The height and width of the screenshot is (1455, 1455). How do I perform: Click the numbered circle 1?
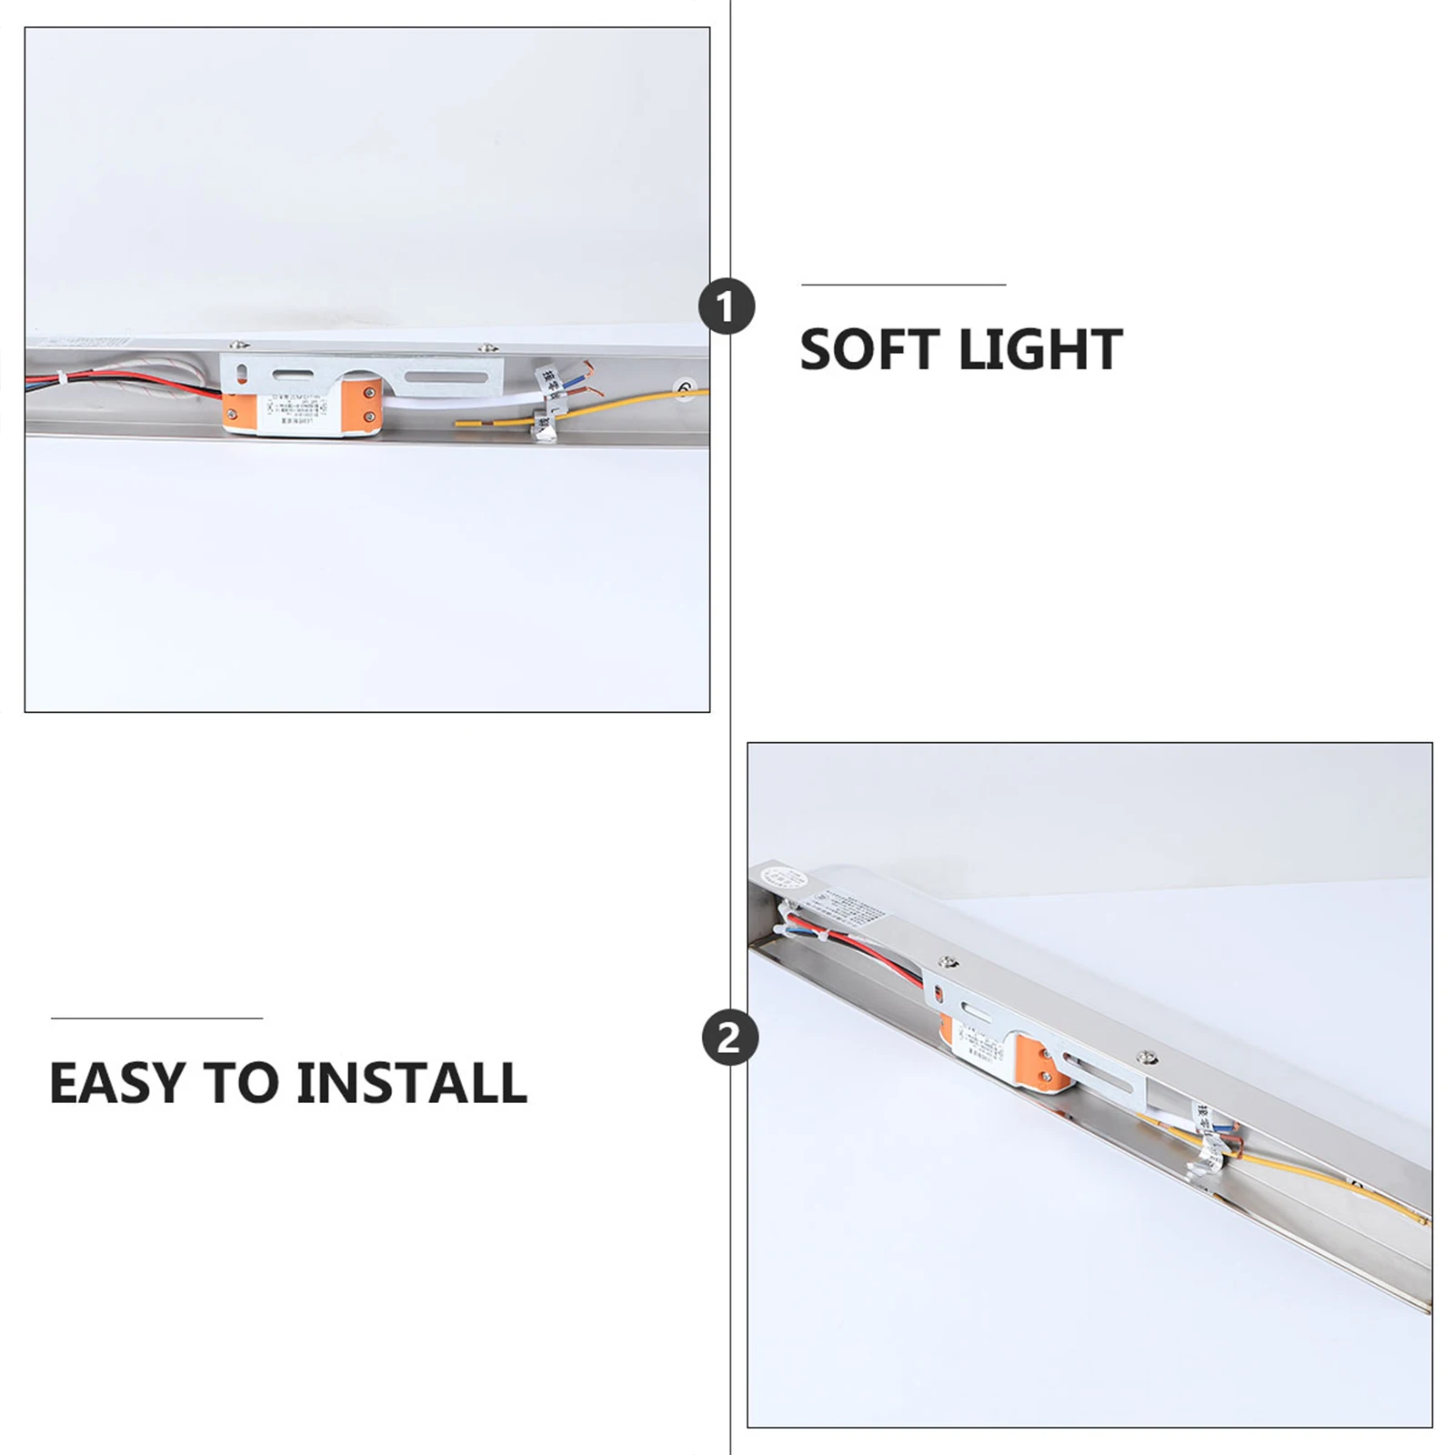[x=727, y=306]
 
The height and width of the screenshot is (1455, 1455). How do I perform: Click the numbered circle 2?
[x=729, y=1038]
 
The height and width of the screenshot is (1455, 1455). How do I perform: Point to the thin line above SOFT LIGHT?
[x=903, y=285]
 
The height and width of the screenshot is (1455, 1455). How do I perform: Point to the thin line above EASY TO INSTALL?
[x=156, y=1018]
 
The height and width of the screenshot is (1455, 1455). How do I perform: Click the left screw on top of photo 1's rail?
[x=238, y=346]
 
